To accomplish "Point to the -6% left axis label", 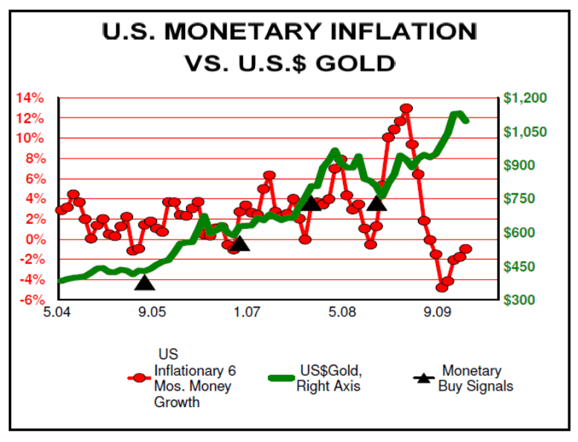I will tap(32, 300).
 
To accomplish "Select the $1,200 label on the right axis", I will tap(525, 97).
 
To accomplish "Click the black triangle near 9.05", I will tap(144, 282).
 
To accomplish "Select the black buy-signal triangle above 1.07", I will tap(239, 243).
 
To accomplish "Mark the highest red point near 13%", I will tap(406, 109).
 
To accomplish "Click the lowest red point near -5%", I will tap(442, 286).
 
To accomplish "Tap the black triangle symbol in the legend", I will tap(423, 378).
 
